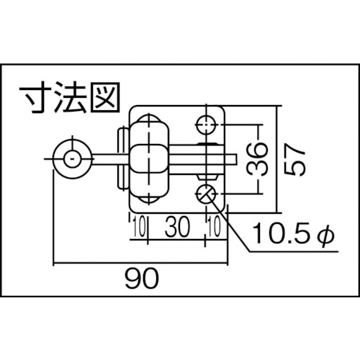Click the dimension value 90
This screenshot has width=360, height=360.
[x=142, y=279]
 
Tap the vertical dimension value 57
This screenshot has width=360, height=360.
[x=294, y=159]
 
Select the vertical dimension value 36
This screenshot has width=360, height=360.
[x=257, y=159]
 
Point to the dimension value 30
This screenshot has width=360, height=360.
[x=177, y=226]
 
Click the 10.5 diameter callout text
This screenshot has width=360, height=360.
[x=293, y=233]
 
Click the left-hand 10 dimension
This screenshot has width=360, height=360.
[x=139, y=227]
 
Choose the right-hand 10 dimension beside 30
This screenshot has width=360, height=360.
[x=215, y=227]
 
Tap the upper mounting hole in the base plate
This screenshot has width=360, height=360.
[x=206, y=125]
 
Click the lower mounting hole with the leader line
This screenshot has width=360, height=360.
[x=206, y=194]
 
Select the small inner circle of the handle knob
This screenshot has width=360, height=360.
[x=72, y=159]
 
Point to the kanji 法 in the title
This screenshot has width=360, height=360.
[x=70, y=97]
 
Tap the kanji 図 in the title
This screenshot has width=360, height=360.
[x=105, y=97]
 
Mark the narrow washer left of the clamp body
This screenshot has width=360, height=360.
[x=122, y=159]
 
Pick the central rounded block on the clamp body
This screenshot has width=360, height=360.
[x=149, y=159]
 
